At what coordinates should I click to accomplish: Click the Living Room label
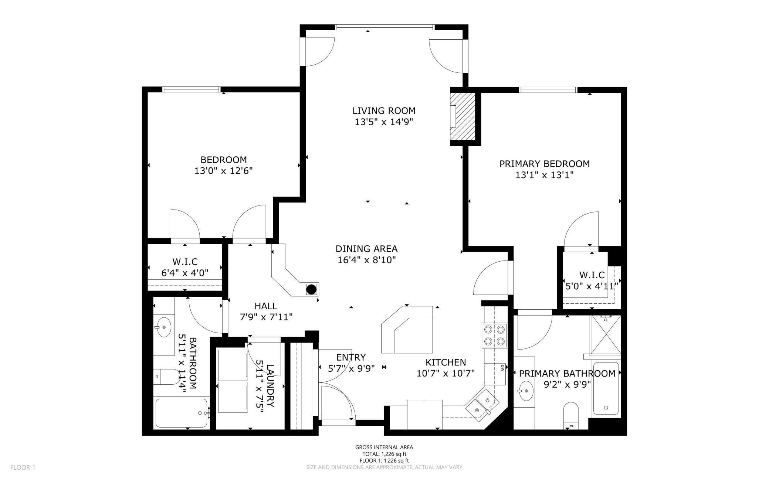[x=384, y=110]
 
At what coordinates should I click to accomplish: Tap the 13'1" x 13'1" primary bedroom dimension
[x=544, y=175]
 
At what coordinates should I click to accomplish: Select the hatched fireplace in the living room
[x=463, y=116]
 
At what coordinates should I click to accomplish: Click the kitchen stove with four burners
[x=494, y=335]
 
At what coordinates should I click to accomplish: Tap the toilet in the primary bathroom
[x=571, y=415]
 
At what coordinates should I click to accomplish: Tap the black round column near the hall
[x=311, y=289]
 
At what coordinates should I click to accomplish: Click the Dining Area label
[x=366, y=249]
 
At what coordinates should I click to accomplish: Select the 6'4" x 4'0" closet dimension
[x=185, y=273]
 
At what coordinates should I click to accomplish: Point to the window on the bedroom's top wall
[x=192, y=89]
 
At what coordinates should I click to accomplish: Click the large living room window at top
[x=384, y=27]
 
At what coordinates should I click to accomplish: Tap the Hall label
[x=265, y=306]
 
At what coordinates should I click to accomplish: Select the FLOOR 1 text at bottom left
[x=23, y=467]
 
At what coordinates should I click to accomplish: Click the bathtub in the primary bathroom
[x=606, y=389]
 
